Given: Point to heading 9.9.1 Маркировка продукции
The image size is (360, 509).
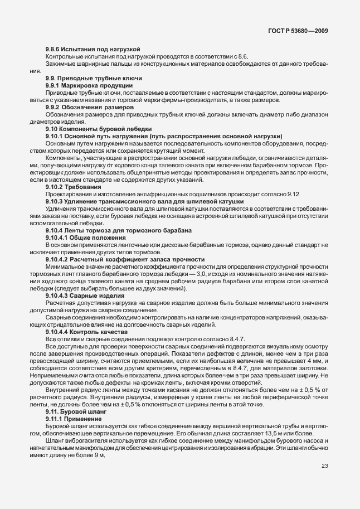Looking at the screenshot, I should (89, 86).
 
